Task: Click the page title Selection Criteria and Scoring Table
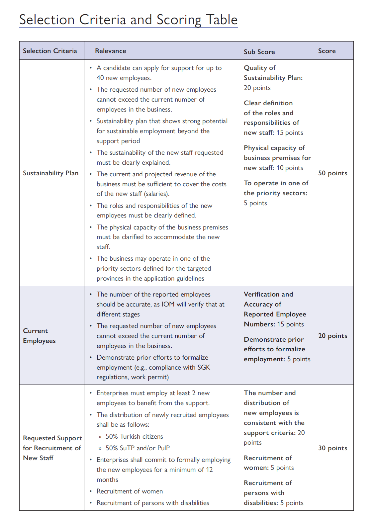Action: click(x=128, y=20)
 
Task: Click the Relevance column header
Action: click(x=110, y=51)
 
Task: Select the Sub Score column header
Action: click(x=259, y=52)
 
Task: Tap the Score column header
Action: click(x=327, y=51)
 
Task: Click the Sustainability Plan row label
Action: click(x=50, y=173)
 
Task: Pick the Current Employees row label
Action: click(x=39, y=336)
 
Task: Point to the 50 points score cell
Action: click(x=332, y=173)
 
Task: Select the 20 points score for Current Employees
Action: click(x=332, y=336)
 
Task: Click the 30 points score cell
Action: click(x=332, y=448)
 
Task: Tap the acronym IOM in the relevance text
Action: click(x=168, y=304)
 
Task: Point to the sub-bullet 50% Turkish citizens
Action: click(x=134, y=436)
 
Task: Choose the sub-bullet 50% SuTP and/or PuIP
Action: click(x=138, y=448)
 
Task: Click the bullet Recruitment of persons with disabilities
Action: click(x=153, y=503)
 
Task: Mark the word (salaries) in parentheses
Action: click(x=156, y=194)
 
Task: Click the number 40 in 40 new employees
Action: click(x=100, y=78)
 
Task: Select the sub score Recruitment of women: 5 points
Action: click(x=268, y=463)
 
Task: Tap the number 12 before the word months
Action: click(x=209, y=470)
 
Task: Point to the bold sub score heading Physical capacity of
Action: click(x=274, y=148)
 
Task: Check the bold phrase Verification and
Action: click(x=268, y=294)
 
